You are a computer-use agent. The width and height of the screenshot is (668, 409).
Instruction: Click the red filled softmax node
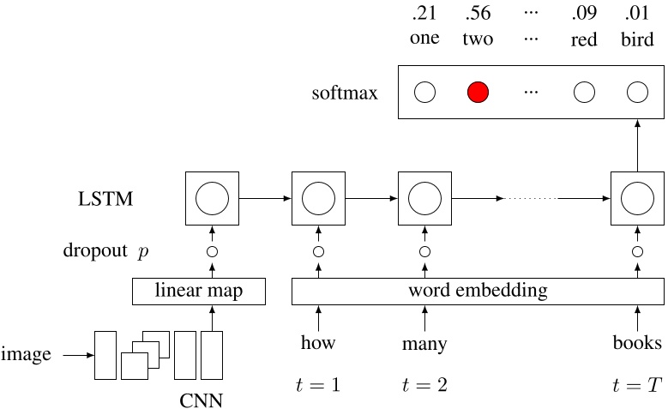(478, 92)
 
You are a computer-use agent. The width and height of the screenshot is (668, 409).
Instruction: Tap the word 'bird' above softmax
(636, 39)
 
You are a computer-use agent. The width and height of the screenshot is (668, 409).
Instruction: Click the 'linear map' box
(198, 292)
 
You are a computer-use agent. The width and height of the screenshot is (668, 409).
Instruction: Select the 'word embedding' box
(478, 292)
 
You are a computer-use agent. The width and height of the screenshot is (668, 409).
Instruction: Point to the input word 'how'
(318, 344)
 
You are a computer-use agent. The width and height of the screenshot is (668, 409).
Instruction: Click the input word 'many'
(424, 345)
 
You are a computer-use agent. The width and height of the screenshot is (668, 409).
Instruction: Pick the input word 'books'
(636, 344)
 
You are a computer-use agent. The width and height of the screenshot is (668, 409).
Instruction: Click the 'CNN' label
(202, 399)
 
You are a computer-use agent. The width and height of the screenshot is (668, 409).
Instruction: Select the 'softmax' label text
(345, 93)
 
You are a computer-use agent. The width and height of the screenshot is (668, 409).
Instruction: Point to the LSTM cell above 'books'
(636, 199)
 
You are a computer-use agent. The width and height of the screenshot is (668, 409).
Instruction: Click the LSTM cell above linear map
(212, 199)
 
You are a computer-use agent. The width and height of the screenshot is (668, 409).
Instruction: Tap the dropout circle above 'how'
(318, 252)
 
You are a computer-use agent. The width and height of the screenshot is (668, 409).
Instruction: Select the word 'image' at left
(27, 353)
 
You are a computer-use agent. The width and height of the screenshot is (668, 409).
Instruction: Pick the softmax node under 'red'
(584, 92)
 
